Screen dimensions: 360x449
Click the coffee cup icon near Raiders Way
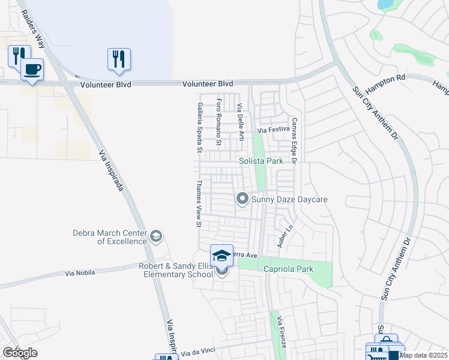[x=32, y=68]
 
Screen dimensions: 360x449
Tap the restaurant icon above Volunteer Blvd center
[x=119, y=58]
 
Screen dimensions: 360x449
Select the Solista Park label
[x=261, y=161]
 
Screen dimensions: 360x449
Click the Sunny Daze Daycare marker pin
[x=243, y=198]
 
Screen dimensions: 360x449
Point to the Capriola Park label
[x=289, y=269]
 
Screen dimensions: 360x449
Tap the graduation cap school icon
[x=221, y=256]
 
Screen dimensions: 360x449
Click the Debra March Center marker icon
[x=157, y=236]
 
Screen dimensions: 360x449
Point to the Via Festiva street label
[x=274, y=130]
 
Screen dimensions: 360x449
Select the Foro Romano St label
[x=218, y=122]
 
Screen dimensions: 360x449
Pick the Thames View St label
[x=198, y=204]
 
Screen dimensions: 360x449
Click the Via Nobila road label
[x=82, y=273]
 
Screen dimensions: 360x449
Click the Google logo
[x=20, y=353]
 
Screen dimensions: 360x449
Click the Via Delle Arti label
[x=240, y=122]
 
